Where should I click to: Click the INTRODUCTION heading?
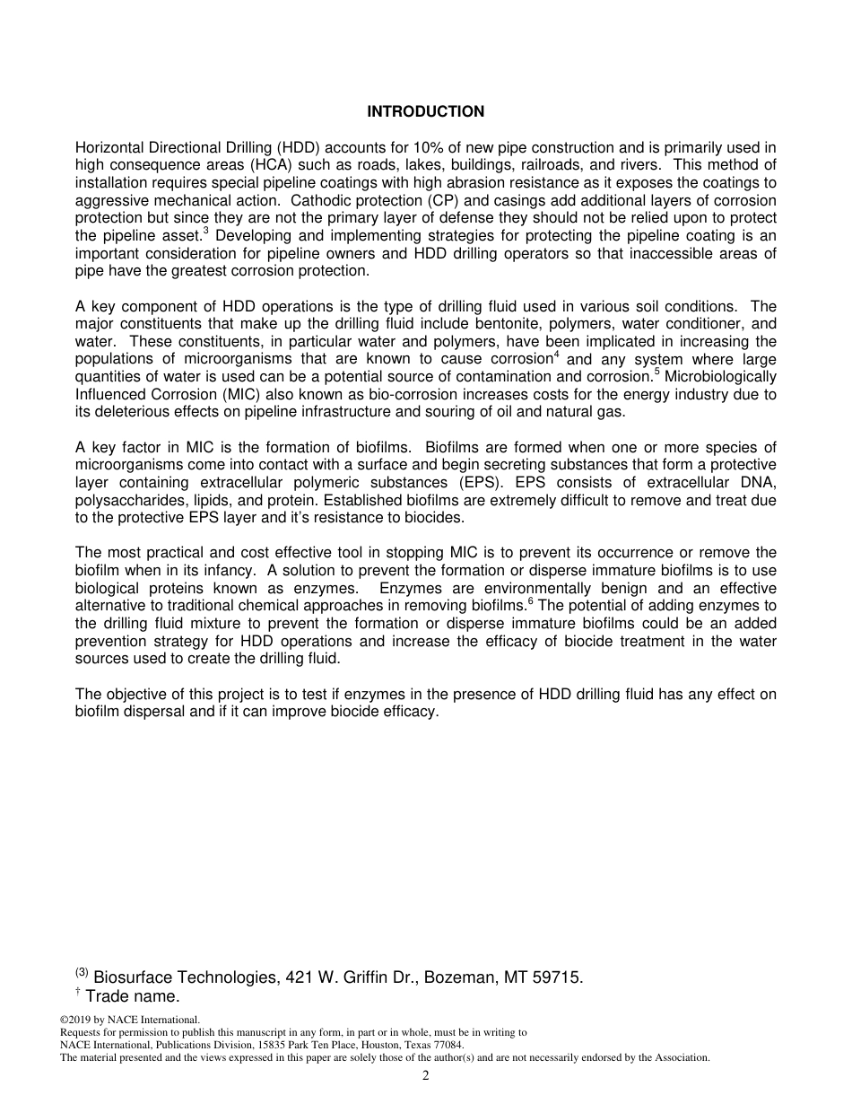pos(425,112)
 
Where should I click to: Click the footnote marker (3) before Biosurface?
pos(82,973)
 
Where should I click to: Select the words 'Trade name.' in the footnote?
pos(133,996)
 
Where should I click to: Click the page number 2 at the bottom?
pos(426,1076)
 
